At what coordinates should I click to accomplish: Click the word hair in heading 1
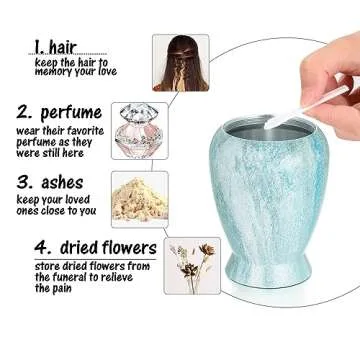point(63,47)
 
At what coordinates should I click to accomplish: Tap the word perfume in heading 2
point(71,113)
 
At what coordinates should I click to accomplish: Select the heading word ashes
point(62,183)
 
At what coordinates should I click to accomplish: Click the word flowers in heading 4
point(129,248)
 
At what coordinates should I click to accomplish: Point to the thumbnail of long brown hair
point(181,63)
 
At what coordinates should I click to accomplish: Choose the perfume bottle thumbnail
point(140,131)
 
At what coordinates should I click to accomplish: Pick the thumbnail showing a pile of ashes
point(140,200)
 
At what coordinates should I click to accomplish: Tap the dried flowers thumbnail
point(192,266)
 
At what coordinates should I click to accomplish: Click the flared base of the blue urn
point(268,271)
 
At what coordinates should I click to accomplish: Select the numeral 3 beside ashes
point(24,183)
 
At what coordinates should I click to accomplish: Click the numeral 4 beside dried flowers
point(43,248)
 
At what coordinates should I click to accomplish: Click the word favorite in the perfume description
point(84,131)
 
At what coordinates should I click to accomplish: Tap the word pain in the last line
point(62,289)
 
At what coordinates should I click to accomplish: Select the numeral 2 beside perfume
point(24,113)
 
